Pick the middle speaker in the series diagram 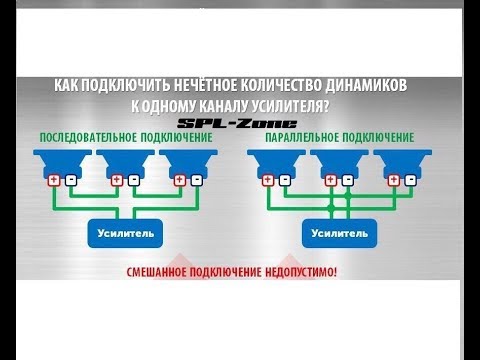tap(126, 161)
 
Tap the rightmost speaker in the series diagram tap(189, 161)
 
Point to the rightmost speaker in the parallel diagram tap(403, 161)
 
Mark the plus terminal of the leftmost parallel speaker tap(268, 180)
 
